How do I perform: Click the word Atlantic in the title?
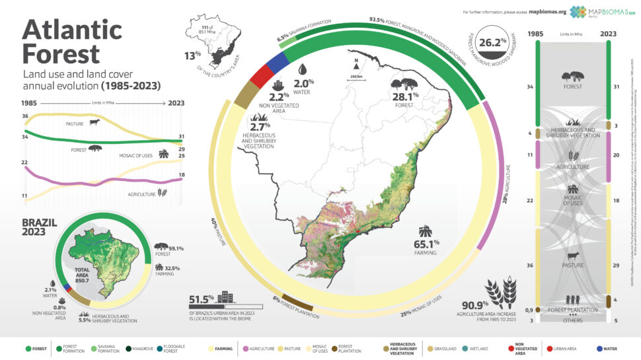click(73, 29)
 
